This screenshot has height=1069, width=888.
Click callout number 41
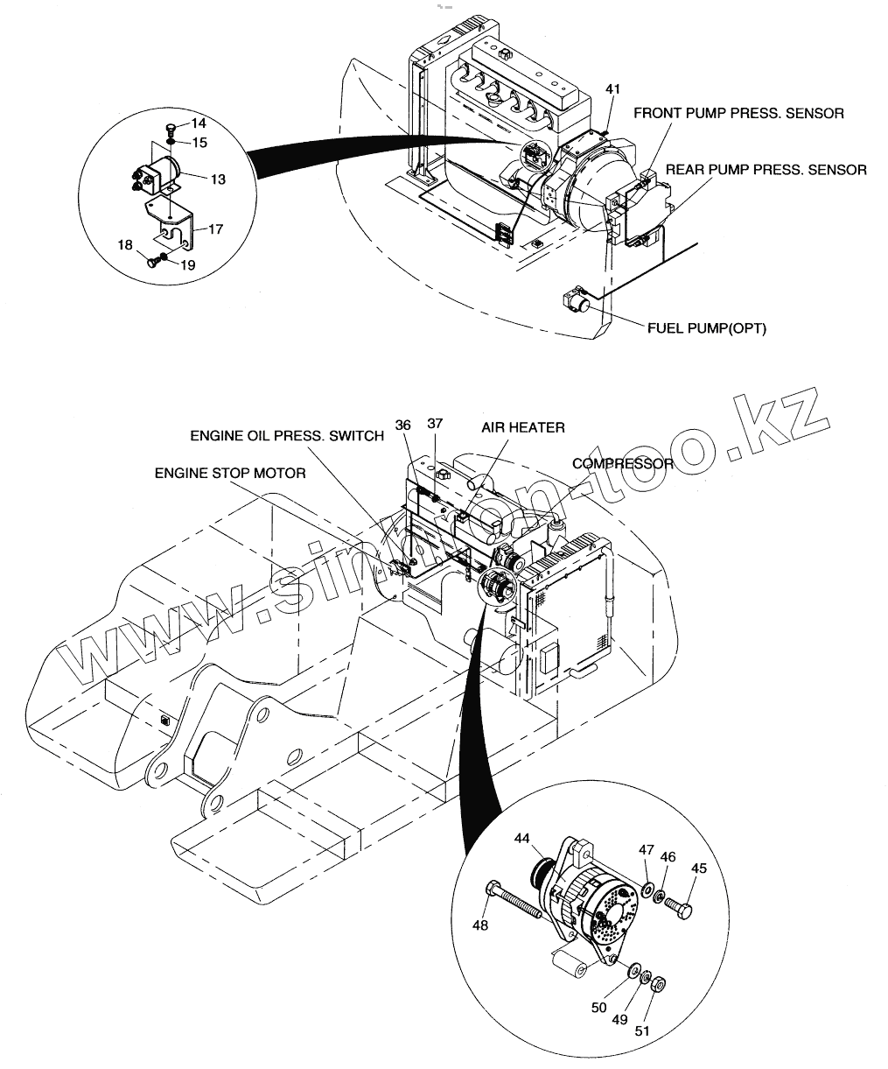point(613,89)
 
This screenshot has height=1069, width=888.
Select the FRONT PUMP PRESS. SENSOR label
point(738,113)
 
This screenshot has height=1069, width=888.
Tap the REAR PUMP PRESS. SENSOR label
point(766,170)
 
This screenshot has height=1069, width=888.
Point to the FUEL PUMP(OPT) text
point(706,328)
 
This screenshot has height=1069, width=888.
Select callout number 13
point(218,179)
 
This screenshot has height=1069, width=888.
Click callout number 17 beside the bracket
point(215,229)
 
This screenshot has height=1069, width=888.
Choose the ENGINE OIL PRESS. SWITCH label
point(287,436)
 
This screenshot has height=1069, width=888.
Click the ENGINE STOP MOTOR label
point(230,473)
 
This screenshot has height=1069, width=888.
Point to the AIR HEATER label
point(523,427)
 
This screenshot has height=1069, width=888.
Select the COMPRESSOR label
point(623,463)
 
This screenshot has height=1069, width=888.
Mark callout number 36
point(402,425)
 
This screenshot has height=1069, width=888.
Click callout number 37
point(435,424)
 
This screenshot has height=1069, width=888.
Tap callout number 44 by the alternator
point(521,839)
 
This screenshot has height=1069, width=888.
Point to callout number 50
point(598,1008)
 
